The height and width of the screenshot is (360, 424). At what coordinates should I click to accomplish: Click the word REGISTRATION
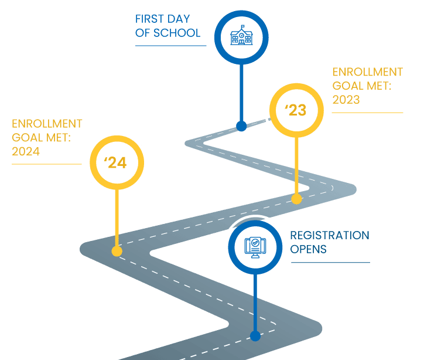[330, 236]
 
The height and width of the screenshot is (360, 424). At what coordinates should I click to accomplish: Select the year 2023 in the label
[346, 100]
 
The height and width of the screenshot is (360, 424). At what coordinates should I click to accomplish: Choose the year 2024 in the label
[26, 151]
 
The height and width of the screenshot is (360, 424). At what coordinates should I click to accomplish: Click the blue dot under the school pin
[241, 126]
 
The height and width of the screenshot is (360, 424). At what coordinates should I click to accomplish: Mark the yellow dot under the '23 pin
[296, 199]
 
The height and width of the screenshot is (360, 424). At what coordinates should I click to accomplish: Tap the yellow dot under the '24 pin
[117, 252]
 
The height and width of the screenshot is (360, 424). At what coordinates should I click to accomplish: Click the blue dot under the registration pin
[255, 336]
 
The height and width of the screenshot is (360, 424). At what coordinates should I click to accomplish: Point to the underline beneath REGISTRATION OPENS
[330, 262]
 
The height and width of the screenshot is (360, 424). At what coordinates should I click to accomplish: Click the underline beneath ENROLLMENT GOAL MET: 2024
[47, 164]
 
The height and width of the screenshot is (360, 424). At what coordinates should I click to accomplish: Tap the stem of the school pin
[241, 94]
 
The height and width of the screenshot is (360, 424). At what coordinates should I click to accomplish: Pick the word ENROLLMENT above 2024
[47, 124]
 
